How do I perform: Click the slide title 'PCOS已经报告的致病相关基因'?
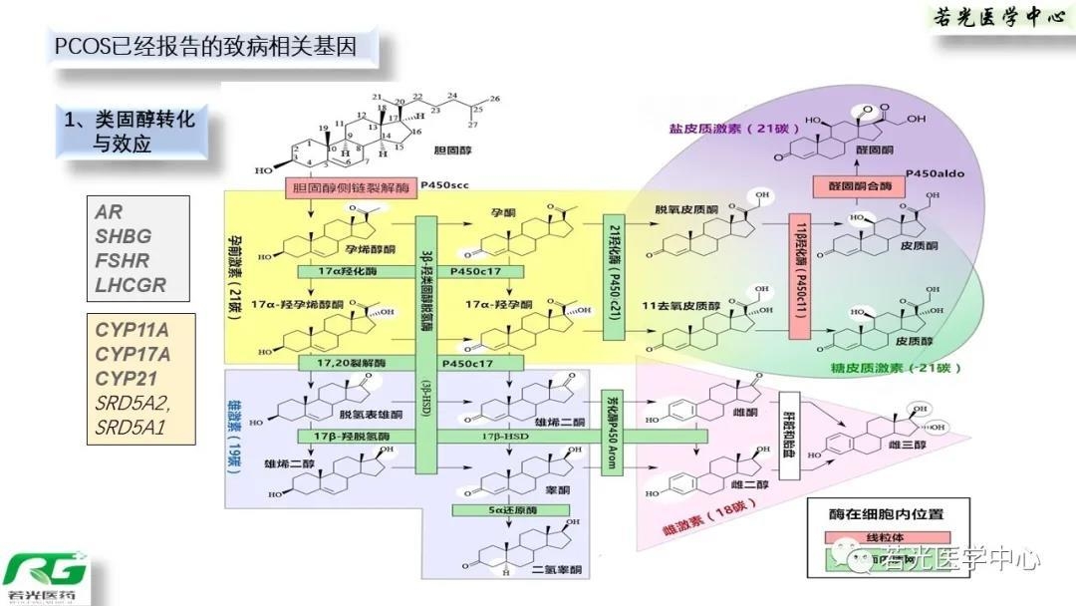click(x=203, y=46)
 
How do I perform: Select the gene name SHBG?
click(x=123, y=236)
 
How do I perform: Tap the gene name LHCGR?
click(x=131, y=285)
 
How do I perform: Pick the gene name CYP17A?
click(x=133, y=354)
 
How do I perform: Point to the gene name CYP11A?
click(x=133, y=330)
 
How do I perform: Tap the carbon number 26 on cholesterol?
click(x=495, y=99)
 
